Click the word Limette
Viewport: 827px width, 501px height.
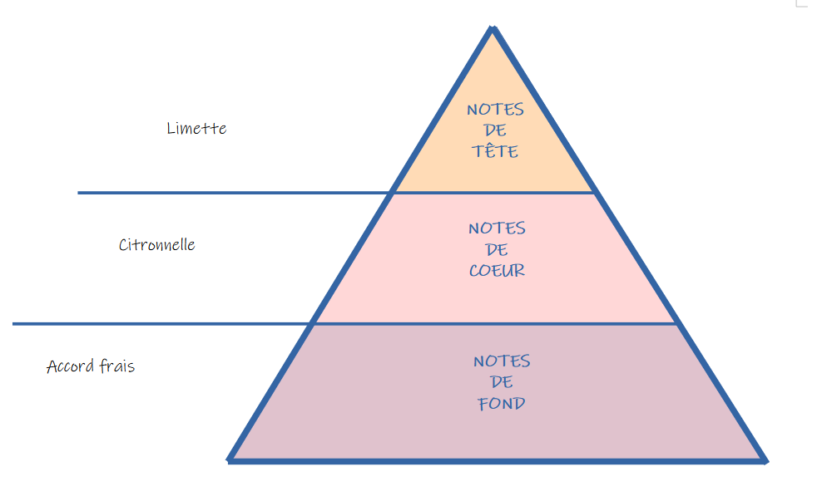coord(196,129)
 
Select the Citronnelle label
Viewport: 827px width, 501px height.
coord(156,245)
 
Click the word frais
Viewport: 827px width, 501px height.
coord(116,366)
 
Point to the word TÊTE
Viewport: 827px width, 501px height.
coord(495,152)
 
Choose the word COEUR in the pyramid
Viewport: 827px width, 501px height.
coord(497,271)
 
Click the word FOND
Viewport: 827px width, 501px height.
coord(501,405)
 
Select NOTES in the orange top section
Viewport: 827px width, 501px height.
coord(495,110)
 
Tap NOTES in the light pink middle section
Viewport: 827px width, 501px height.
coord(497,228)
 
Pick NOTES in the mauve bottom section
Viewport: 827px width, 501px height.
coord(502,361)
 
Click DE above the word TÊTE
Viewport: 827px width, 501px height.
coord(495,131)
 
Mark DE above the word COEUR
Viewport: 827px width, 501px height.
coord(497,249)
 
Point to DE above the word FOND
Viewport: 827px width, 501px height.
coord(502,383)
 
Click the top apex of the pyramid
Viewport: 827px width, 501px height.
coord(493,29)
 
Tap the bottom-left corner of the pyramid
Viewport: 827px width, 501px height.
coord(230,458)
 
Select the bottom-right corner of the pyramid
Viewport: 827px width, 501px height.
coord(763,459)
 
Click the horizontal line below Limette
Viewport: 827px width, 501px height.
coord(233,193)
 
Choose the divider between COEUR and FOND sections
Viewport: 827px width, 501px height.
coord(495,323)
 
